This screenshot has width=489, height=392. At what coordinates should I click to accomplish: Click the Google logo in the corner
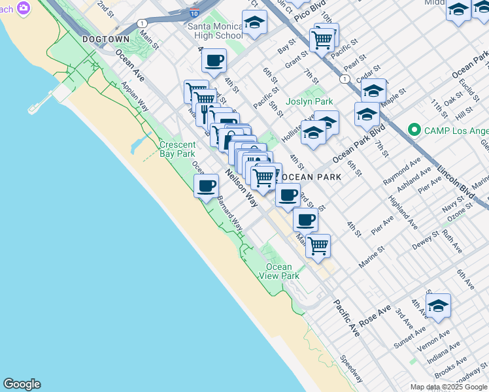pyautogui.click(x=22, y=384)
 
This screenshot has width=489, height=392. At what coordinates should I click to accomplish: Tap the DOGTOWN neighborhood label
pyautogui.click(x=107, y=39)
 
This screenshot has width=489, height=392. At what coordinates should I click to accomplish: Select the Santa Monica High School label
pyautogui.click(x=215, y=31)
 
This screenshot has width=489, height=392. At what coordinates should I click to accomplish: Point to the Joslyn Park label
pyautogui.click(x=309, y=101)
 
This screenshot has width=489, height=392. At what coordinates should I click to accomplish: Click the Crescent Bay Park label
pyautogui.click(x=177, y=149)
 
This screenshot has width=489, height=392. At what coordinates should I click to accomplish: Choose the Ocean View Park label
pyautogui.click(x=282, y=271)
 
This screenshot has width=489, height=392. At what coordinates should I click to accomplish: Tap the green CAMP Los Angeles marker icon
pyautogui.click(x=413, y=129)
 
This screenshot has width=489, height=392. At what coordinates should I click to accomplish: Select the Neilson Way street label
pyautogui.click(x=241, y=188)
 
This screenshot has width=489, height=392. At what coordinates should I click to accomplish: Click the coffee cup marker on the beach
pyautogui.click(x=207, y=186)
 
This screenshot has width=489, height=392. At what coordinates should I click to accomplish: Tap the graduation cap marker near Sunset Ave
pyautogui.click(x=438, y=305)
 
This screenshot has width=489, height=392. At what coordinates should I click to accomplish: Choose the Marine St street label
pyautogui.click(x=373, y=259)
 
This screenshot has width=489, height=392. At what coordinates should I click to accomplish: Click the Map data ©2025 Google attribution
pyautogui.click(x=448, y=387)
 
